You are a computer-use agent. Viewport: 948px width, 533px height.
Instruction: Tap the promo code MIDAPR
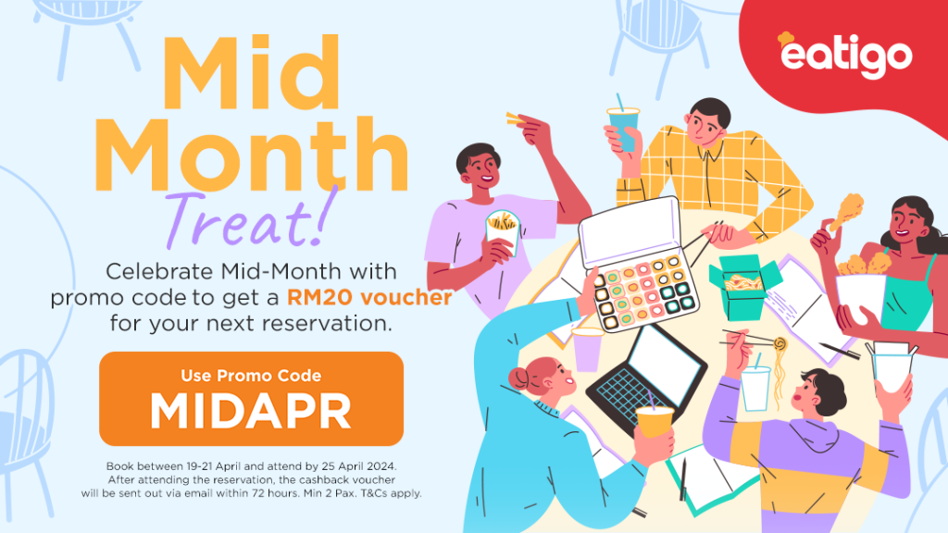(x=251, y=411)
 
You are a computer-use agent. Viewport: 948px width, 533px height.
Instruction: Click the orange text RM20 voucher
(x=369, y=297)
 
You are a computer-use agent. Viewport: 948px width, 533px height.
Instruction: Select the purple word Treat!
(x=249, y=218)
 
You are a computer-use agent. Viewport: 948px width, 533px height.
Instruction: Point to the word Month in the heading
(x=251, y=155)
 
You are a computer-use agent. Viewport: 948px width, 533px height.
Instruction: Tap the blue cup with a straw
(x=623, y=128)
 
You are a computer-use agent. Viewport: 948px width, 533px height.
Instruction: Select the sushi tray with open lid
(x=638, y=266)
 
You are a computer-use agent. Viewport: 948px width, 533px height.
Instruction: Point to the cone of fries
(x=503, y=231)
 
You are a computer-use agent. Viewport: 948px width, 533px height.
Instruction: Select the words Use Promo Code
(x=251, y=376)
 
